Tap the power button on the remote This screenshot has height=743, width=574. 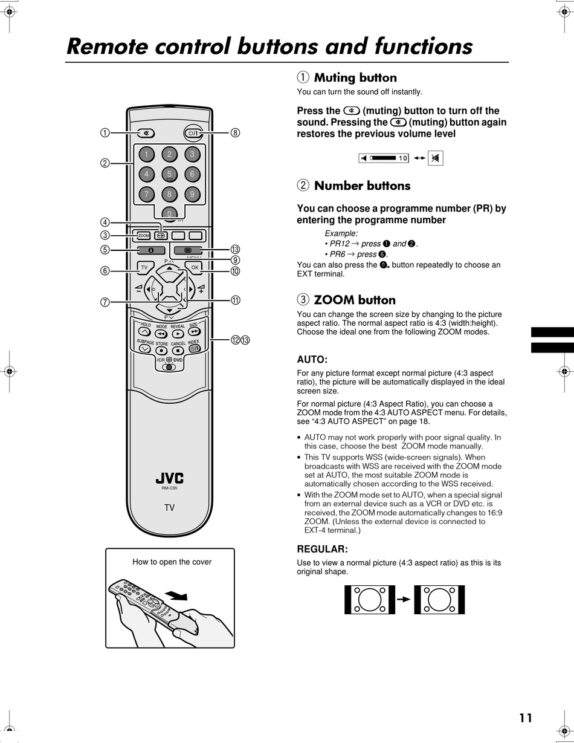(x=193, y=133)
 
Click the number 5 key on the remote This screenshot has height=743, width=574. (x=169, y=174)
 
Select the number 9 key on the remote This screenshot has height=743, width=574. (x=192, y=194)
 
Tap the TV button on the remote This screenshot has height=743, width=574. (x=144, y=267)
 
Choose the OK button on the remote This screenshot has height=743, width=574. (x=195, y=267)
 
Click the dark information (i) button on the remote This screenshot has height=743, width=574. (x=151, y=250)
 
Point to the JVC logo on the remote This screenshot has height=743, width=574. (x=169, y=479)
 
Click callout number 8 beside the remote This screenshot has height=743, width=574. (x=235, y=133)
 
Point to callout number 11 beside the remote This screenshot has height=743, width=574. (x=235, y=300)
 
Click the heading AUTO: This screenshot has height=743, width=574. (x=312, y=359)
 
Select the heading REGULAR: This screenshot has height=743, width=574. (x=322, y=549)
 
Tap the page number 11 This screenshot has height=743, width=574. (x=525, y=718)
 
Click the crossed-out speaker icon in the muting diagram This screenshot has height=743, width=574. (x=436, y=158)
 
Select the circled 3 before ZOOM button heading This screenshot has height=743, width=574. (x=303, y=300)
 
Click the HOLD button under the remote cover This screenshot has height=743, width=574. (x=144, y=331)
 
